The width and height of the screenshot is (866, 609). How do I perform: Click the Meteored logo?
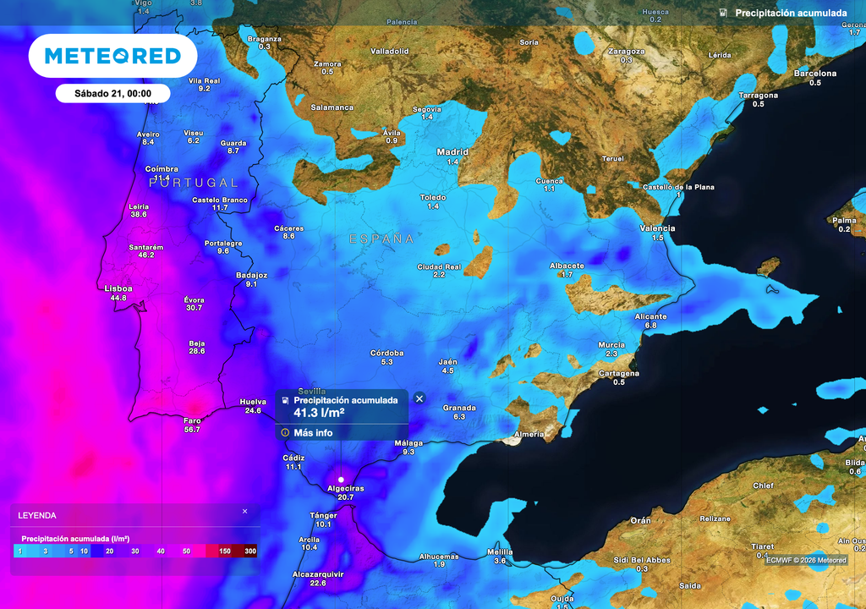112,56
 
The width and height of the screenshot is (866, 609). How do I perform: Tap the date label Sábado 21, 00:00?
112,94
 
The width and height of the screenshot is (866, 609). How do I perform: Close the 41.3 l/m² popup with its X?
419,398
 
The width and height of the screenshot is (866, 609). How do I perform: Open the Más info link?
313,433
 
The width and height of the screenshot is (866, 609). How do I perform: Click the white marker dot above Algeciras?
341,480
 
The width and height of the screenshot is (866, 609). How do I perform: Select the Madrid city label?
452,152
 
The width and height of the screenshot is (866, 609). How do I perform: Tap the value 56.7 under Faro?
192,430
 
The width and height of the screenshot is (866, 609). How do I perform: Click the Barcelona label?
814,74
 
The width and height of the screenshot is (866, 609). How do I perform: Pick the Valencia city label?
657,228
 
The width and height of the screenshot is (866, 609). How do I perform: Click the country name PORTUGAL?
194,183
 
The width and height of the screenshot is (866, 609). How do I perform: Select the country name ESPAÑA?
382,239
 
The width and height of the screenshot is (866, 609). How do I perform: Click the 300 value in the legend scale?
249,551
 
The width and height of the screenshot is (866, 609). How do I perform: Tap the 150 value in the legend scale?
225,551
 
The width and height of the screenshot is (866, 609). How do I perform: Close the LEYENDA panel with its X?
245,512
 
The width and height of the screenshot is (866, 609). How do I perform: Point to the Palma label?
844,220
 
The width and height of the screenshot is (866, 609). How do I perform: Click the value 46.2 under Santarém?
146,255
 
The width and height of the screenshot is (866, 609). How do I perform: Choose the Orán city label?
640,520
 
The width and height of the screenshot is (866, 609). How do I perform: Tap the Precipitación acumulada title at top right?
791,14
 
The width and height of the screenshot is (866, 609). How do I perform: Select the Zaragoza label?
626,51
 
